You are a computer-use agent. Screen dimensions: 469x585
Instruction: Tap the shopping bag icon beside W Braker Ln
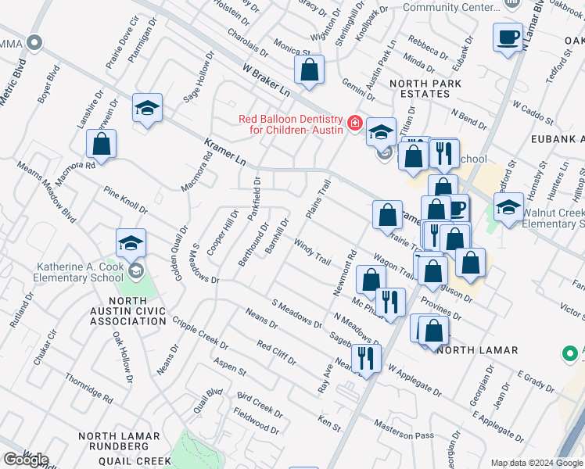(x=310, y=69)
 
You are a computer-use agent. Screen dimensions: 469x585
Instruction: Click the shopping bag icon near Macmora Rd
(x=102, y=144)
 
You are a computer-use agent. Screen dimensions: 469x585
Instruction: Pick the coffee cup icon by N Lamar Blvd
(x=508, y=36)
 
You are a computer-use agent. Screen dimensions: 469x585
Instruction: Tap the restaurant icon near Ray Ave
(x=365, y=358)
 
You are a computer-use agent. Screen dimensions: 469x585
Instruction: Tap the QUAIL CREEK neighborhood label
(x=135, y=461)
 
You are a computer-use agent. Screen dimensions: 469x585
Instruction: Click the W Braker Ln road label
(x=266, y=81)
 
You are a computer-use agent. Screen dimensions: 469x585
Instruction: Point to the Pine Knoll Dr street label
(x=126, y=200)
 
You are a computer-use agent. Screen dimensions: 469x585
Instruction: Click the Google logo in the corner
(x=25, y=459)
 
